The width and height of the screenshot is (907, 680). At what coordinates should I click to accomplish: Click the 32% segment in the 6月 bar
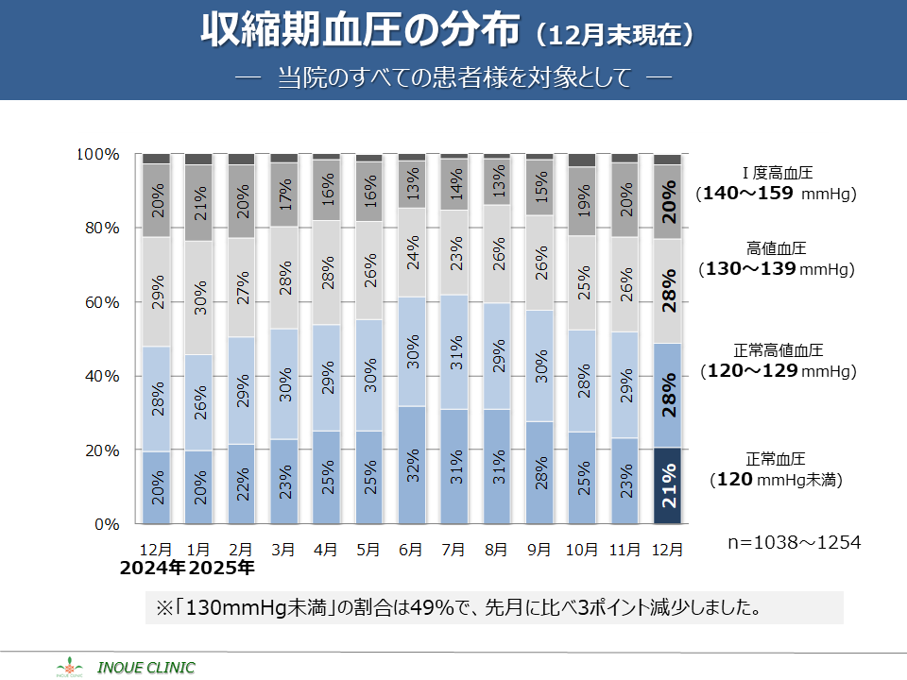click(x=412, y=465)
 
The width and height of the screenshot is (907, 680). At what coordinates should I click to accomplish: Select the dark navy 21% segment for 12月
click(x=668, y=485)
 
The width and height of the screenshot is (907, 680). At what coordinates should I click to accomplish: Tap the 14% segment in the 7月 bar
click(x=454, y=183)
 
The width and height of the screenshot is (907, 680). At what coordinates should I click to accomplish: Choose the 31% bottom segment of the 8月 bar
click(x=497, y=467)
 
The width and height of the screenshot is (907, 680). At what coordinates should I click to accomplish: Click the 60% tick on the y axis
click(x=98, y=302)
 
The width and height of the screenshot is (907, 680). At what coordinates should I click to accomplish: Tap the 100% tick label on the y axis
click(x=96, y=154)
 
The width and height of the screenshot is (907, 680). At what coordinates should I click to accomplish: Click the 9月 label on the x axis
click(x=539, y=549)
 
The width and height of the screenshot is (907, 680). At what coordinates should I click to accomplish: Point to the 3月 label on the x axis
click(x=283, y=549)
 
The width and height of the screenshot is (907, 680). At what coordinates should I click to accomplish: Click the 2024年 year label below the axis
click(x=153, y=569)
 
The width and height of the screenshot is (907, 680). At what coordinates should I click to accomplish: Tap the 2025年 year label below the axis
click(x=222, y=569)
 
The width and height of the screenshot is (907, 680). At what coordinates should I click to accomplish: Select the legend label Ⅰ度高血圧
click(x=777, y=173)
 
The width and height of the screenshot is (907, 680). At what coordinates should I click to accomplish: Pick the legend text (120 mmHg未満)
click(x=776, y=480)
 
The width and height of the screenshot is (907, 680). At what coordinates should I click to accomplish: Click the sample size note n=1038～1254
click(x=795, y=543)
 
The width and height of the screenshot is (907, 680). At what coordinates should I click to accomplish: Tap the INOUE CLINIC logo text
click(x=146, y=668)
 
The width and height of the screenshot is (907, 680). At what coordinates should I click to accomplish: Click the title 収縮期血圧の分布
click(x=360, y=33)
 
